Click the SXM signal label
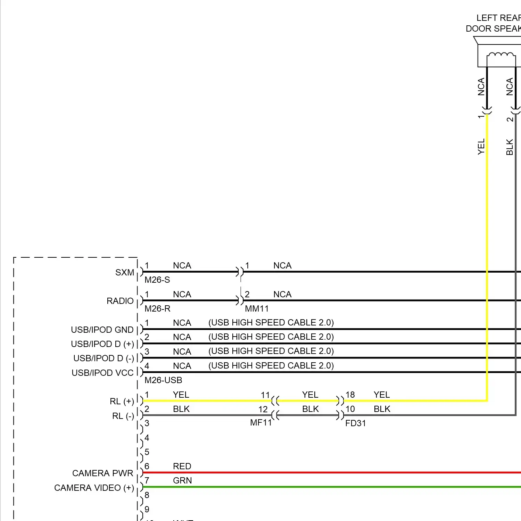coord(124,273)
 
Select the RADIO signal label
coord(120,301)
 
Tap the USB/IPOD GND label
coord(102,330)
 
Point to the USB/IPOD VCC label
coord(102,373)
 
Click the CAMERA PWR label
coord(102,473)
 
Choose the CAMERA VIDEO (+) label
coord(94,488)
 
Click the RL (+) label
coord(122,402)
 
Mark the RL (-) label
coord(123,416)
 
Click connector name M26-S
coord(157,280)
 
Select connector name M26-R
coord(157,309)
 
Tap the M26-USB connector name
coord(163,380)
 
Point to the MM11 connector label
coord(257,309)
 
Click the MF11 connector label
coord(261,423)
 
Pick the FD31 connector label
coord(355,423)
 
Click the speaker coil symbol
coord(501,56)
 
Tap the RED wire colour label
coord(182,466)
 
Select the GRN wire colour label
coord(182,481)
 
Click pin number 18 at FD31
coord(350,395)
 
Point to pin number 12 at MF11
coord(263,410)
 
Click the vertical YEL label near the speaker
coord(481,147)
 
